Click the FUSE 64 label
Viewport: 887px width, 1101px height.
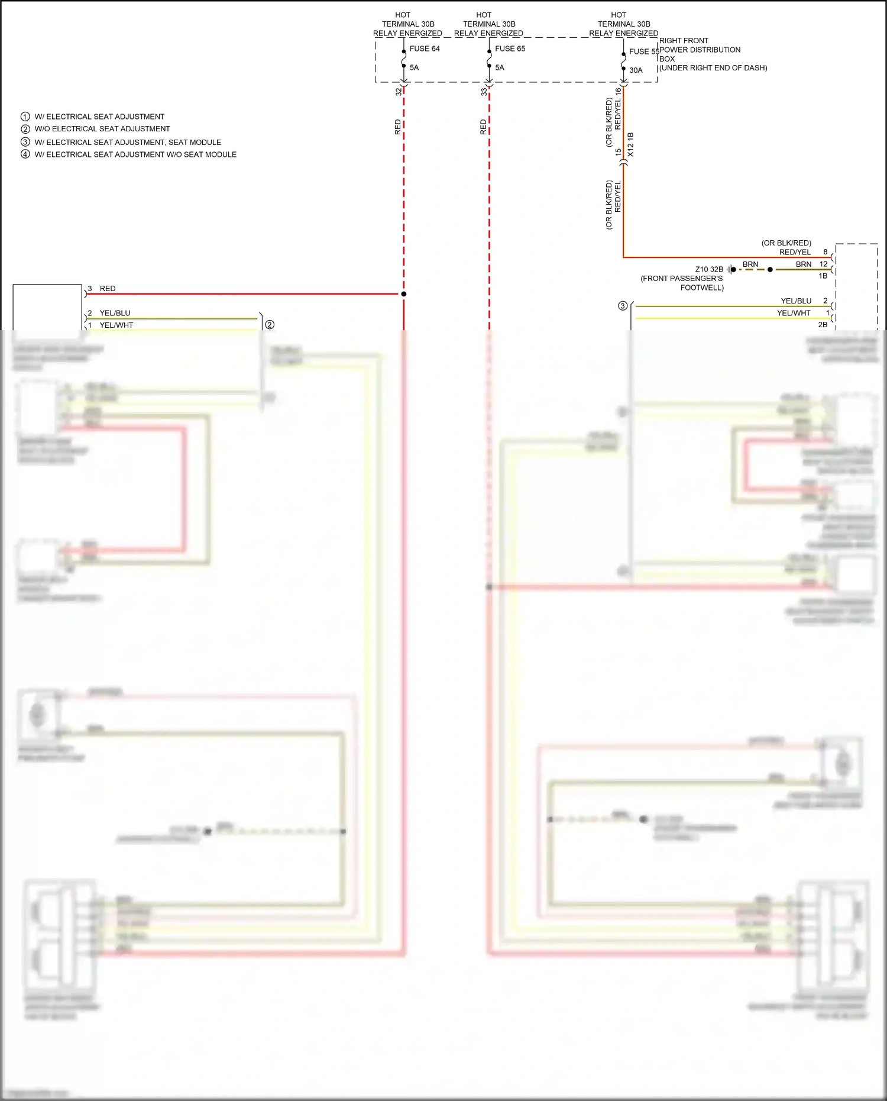click(424, 49)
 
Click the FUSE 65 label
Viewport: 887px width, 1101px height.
click(510, 49)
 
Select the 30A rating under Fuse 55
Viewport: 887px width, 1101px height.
click(636, 70)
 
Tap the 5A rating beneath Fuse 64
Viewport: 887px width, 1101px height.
click(414, 67)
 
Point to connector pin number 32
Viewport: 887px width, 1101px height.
click(398, 92)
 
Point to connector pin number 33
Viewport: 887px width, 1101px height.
click(484, 92)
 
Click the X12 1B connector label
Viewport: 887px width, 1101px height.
click(630, 144)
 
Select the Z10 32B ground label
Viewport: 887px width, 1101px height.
click(709, 269)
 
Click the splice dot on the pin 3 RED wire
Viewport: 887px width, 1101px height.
click(404, 294)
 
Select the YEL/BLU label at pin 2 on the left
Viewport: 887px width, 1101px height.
click(115, 313)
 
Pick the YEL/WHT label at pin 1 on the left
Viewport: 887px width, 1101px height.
click(116, 325)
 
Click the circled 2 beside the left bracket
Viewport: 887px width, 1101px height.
click(270, 324)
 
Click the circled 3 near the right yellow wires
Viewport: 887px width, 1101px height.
click(623, 306)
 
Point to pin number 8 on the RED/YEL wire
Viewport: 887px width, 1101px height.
click(826, 252)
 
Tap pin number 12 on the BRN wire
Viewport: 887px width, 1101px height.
click(823, 264)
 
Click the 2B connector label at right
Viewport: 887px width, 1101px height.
click(823, 324)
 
